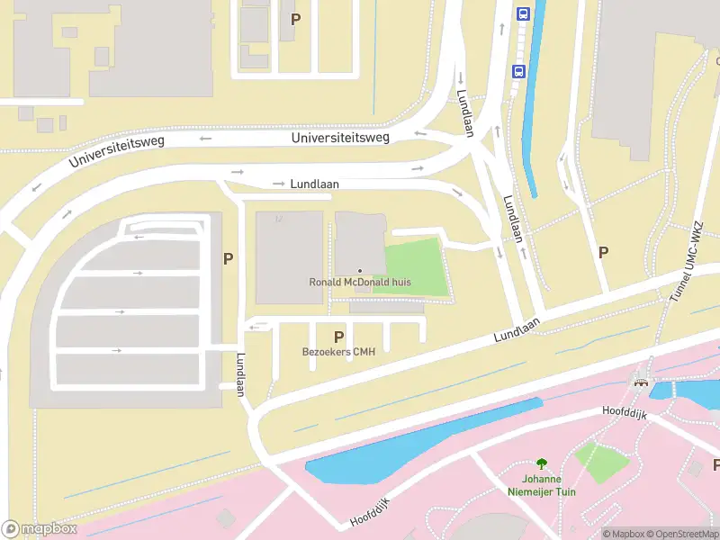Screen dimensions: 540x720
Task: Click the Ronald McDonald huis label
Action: (360, 283)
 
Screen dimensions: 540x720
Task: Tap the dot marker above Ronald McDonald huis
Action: (360, 271)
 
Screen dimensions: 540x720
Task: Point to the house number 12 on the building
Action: (279, 219)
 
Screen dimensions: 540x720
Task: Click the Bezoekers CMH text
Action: (338, 352)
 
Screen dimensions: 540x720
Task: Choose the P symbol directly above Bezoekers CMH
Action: (339, 337)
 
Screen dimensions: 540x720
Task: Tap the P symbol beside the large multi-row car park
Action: (229, 258)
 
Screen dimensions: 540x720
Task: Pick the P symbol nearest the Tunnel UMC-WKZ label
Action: (602, 253)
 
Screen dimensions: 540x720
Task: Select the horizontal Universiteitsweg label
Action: (340, 138)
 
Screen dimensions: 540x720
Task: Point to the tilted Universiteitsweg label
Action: (117, 153)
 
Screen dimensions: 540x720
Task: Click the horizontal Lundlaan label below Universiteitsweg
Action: (314, 184)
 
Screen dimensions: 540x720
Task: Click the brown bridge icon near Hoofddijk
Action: (642, 382)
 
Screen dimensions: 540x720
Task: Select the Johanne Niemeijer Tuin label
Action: (540, 486)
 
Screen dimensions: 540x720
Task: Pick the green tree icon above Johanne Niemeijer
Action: (541, 464)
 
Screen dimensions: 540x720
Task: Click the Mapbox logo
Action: (39, 528)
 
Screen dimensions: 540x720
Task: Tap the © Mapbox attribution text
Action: (625, 534)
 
